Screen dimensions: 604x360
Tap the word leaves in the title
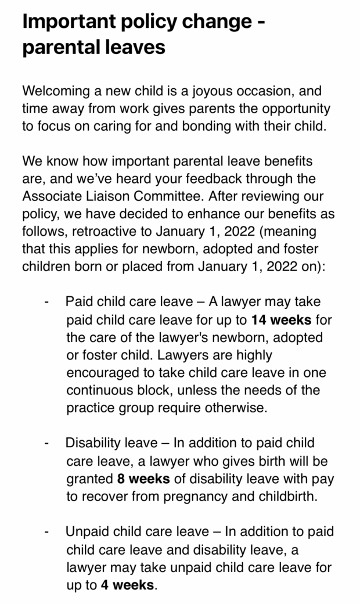(131, 47)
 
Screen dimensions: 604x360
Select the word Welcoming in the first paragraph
(55, 92)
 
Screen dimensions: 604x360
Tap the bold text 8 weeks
(143, 479)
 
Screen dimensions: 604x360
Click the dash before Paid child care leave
(46, 303)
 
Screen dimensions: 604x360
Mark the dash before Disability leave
(46, 444)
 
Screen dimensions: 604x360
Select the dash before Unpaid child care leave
(46, 532)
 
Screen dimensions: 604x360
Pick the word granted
(89, 479)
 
